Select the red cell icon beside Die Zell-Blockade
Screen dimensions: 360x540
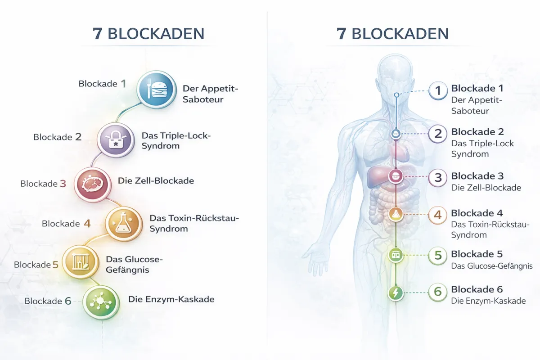tap(92, 184)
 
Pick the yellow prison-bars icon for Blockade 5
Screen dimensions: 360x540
tap(80, 263)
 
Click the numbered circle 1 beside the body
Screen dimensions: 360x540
tap(438, 91)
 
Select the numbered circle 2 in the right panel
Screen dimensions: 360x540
tap(438, 134)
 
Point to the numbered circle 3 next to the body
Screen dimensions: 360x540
tap(438, 178)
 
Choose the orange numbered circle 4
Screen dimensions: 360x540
tap(438, 215)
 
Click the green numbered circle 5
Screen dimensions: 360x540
tap(438, 256)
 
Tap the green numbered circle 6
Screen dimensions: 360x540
tap(438, 292)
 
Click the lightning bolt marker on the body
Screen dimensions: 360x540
tap(396, 293)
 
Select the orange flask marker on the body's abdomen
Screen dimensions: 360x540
tap(396, 214)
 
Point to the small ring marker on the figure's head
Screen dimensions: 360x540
tap(396, 95)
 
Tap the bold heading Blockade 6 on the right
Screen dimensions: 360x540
tap(477, 289)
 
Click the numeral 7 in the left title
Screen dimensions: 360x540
tap(97, 34)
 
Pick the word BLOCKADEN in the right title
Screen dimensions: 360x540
tap(400, 34)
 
